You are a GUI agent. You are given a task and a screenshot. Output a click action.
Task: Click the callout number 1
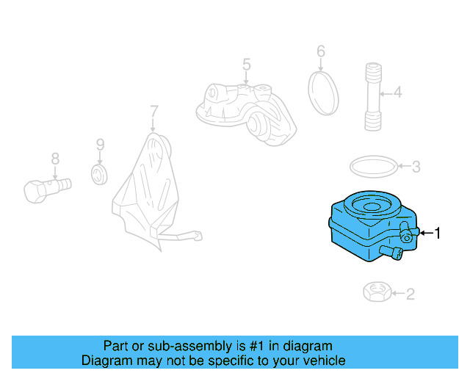tap(438, 233)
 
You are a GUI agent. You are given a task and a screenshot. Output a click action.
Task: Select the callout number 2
tap(411, 294)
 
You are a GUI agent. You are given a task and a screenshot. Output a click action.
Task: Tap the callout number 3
tap(416, 167)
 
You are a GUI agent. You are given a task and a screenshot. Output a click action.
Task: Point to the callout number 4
tap(398, 92)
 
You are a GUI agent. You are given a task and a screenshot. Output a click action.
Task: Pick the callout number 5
tap(247, 65)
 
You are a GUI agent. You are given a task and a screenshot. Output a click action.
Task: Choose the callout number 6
tap(321, 51)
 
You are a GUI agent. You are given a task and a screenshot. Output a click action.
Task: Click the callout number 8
tap(55, 159)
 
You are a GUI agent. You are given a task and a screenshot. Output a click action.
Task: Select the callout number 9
tap(100, 145)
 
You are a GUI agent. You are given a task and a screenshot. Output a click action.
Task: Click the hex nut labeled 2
tap(377, 292)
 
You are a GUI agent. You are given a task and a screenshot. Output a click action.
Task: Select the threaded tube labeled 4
tap(373, 96)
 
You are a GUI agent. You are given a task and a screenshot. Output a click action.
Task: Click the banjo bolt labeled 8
tap(47, 189)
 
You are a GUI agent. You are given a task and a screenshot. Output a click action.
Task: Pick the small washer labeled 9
tap(99, 174)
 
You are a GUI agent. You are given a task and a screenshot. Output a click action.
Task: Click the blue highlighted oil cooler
tap(373, 226)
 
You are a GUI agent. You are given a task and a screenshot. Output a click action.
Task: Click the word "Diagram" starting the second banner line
tap(106, 361)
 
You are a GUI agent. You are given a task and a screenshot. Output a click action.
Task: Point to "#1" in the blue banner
tap(256, 346)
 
